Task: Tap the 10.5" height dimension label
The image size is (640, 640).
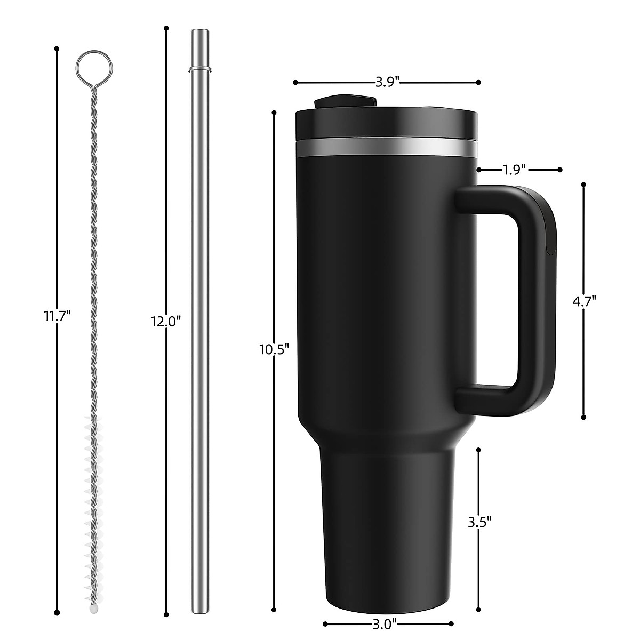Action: [274, 350]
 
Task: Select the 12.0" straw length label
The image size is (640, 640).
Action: [166, 321]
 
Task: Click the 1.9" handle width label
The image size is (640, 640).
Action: [515, 170]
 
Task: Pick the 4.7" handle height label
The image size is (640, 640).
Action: [583, 301]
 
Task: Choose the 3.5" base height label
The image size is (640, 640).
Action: [478, 521]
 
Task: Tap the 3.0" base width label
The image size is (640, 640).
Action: [387, 623]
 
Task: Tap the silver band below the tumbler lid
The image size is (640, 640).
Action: [386, 147]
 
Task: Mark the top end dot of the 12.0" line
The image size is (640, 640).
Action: [166, 28]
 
